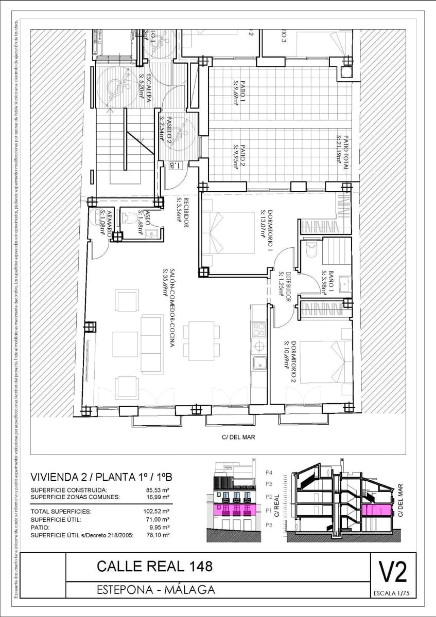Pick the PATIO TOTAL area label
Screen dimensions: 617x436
tap(343, 153)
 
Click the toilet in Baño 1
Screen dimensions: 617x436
tap(311, 251)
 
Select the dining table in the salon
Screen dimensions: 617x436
tap(201, 337)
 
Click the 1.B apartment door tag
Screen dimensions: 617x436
tap(176, 166)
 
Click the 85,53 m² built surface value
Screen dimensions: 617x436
tap(158, 490)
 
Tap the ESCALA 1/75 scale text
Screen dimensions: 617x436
tap(392, 594)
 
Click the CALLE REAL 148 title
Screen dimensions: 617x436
tap(154, 567)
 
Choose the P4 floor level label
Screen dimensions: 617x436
tap(268, 472)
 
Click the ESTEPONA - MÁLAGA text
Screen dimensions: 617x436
tap(155, 589)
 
